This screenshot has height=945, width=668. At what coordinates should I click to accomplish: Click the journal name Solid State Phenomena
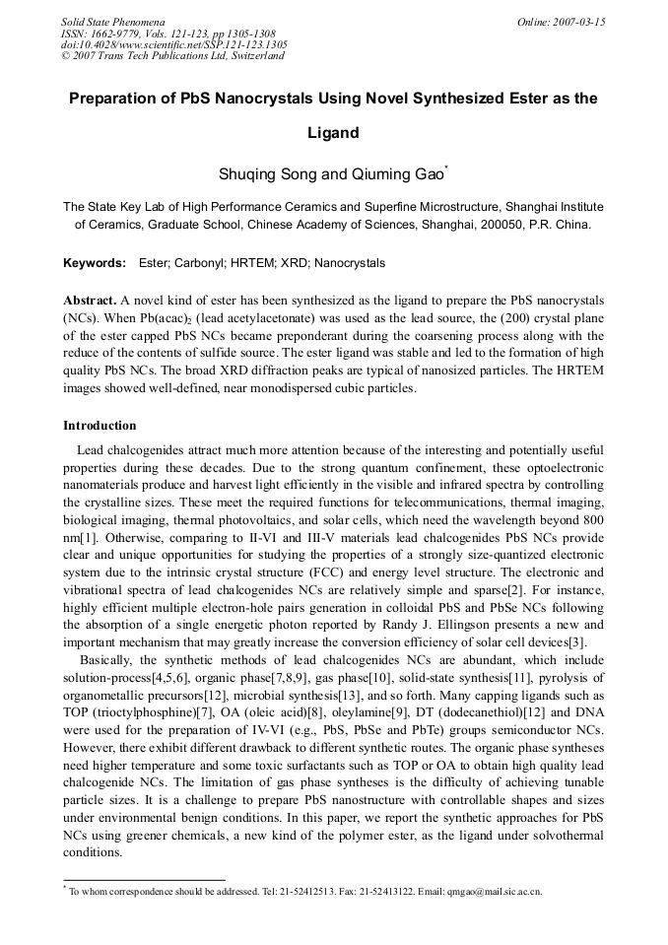click(112, 21)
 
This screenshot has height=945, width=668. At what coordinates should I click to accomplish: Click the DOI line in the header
click(174, 44)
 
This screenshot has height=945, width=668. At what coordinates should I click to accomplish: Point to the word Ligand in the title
click(332, 133)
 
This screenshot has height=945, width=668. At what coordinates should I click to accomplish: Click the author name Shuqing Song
click(268, 175)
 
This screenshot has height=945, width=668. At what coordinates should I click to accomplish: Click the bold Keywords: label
click(95, 263)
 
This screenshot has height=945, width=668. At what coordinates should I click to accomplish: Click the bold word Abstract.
click(90, 300)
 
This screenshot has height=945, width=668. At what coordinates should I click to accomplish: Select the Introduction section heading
click(100, 426)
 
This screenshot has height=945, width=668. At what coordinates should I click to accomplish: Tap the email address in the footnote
click(488, 892)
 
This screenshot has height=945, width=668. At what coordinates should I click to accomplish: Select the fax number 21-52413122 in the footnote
click(362, 892)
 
